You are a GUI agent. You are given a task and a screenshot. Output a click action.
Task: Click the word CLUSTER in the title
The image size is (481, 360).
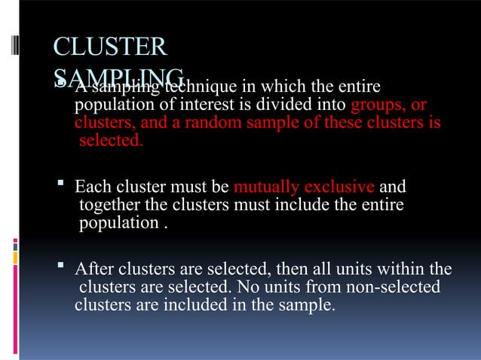(109, 47)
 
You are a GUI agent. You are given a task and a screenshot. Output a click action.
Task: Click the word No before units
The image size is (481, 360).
(277, 288)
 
